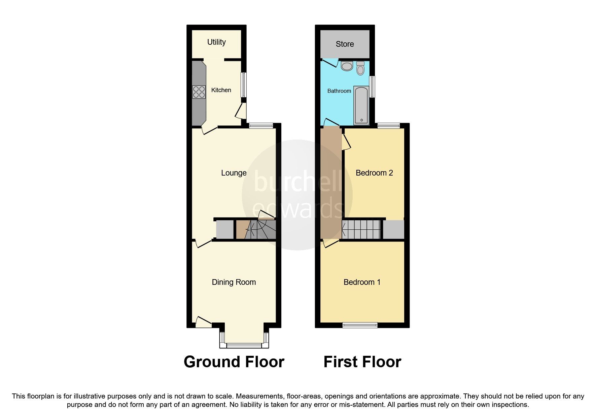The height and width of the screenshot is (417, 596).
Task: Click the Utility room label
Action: click(216, 42)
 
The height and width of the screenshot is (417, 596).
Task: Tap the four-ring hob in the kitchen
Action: click(199, 92)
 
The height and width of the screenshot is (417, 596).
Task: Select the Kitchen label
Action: click(221, 90)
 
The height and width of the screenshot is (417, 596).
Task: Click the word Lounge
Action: click(234, 173)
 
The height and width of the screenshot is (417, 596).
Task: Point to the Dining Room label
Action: click(234, 282)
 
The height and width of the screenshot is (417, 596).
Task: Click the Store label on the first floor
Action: click(345, 44)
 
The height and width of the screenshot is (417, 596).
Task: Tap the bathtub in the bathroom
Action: click(361, 105)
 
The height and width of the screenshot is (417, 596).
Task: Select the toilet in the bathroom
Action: click(360, 68)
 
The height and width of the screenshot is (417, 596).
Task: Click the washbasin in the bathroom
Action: click(346, 66)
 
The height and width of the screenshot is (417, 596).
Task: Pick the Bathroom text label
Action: click(339, 91)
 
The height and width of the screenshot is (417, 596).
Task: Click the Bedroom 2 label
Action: click(374, 173)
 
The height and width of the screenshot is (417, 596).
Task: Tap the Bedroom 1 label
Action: click(362, 282)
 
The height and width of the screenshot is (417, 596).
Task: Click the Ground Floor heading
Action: click(234, 362)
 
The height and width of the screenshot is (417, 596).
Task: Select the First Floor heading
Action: click(362, 362)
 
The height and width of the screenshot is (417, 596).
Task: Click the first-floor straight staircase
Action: click(361, 229)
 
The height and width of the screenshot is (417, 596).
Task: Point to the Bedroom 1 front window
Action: click(360, 325)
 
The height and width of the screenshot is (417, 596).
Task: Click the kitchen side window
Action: click(244, 85)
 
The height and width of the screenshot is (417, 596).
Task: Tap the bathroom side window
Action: click(372, 87)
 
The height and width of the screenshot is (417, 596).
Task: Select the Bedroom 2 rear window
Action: click(389, 126)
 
